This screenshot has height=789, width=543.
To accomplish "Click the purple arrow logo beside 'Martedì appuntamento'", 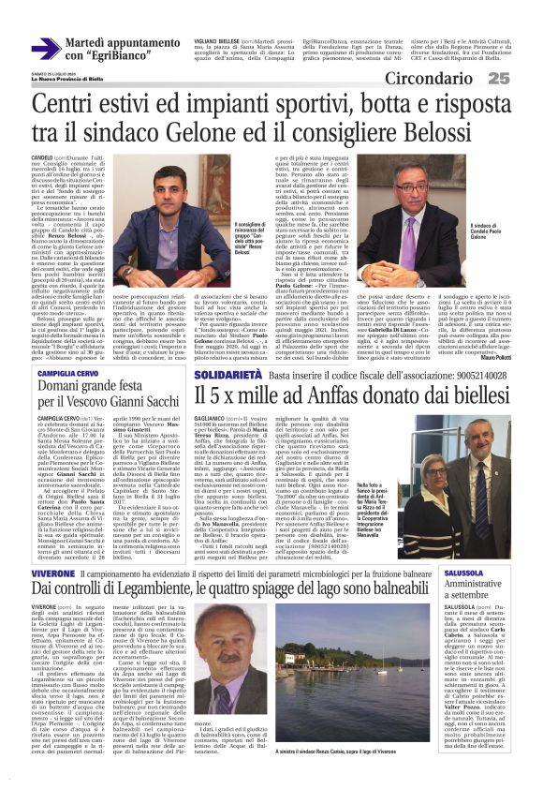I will click(45, 49).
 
